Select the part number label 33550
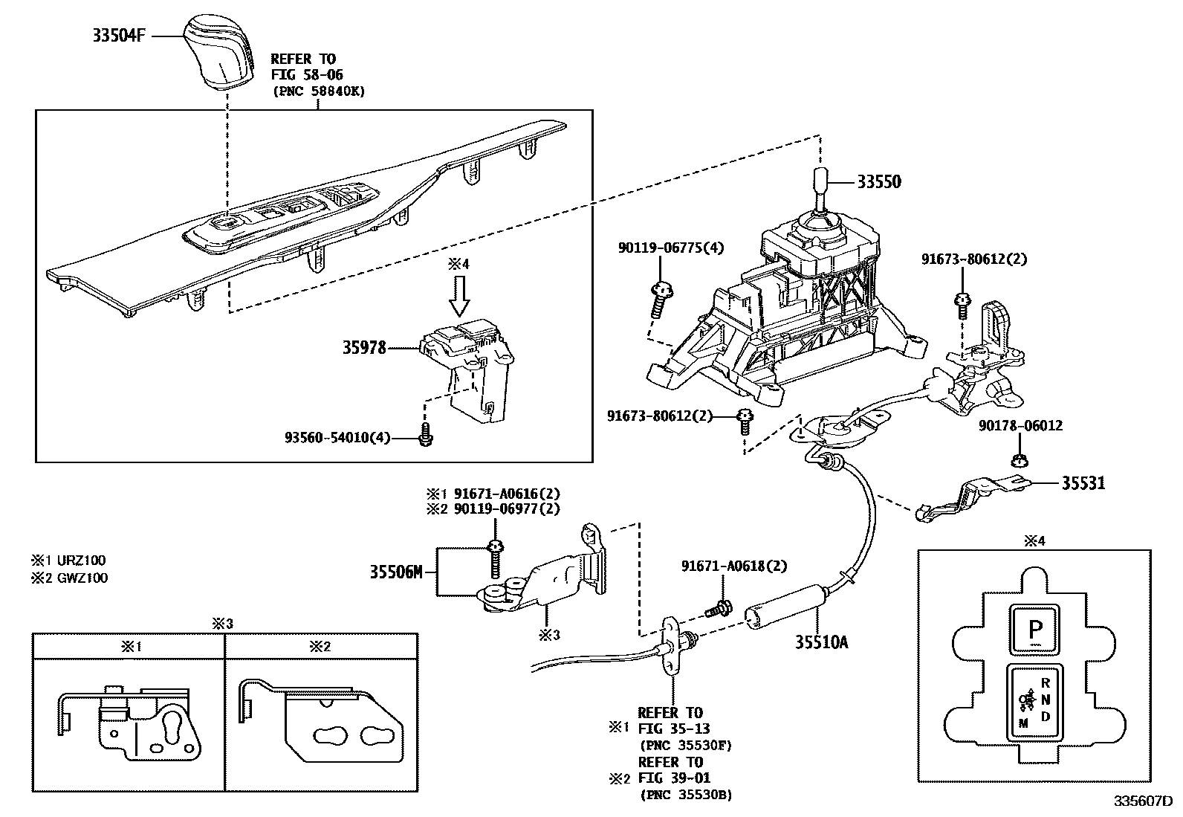pyautogui.click(x=879, y=182)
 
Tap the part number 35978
pyautogui.click(x=364, y=347)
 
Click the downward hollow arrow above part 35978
pyautogui.click(x=460, y=297)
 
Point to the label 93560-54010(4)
pyautogui.click(x=337, y=437)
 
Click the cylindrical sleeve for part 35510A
pyautogui.click(x=785, y=601)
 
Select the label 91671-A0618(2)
pyautogui.click(x=733, y=566)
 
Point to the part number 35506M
pyautogui.click(x=396, y=572)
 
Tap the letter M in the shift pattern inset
pyautogui.click(x=1023, y=723)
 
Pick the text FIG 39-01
pyautogui.click(x=674, y=778)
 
